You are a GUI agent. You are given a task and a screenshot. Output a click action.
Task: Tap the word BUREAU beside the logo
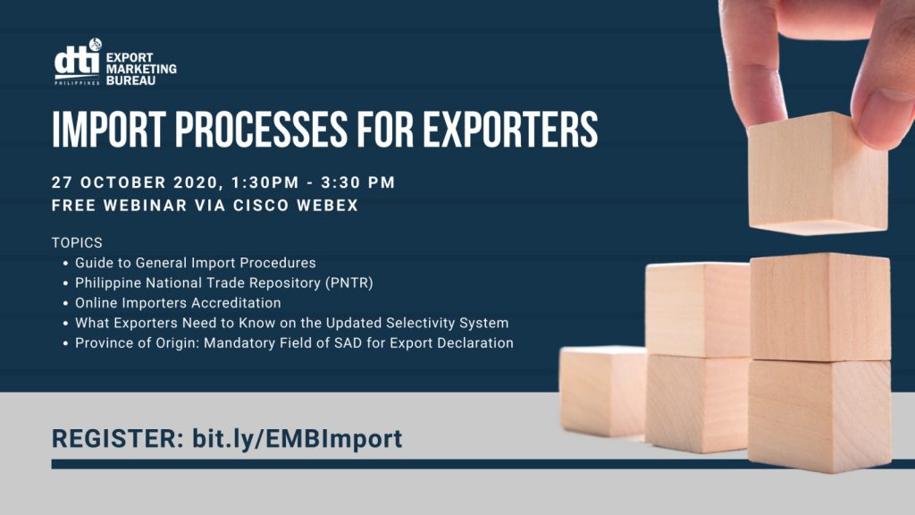click(131, 80)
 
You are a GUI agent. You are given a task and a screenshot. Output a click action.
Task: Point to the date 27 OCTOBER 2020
click(135, 182)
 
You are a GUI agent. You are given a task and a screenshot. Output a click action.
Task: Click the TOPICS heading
click(77, 242)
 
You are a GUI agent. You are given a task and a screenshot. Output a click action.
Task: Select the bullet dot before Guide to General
click(66, 264)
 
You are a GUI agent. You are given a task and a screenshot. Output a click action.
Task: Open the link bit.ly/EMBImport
click(297, 439)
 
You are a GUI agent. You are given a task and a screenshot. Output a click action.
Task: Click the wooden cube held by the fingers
click(818, 173)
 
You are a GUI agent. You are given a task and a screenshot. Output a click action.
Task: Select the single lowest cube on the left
click(603, 392)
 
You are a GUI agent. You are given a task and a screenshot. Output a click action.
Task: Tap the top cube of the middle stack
click(698, 309)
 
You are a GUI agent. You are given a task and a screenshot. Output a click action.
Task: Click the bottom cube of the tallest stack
click(819, 416)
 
